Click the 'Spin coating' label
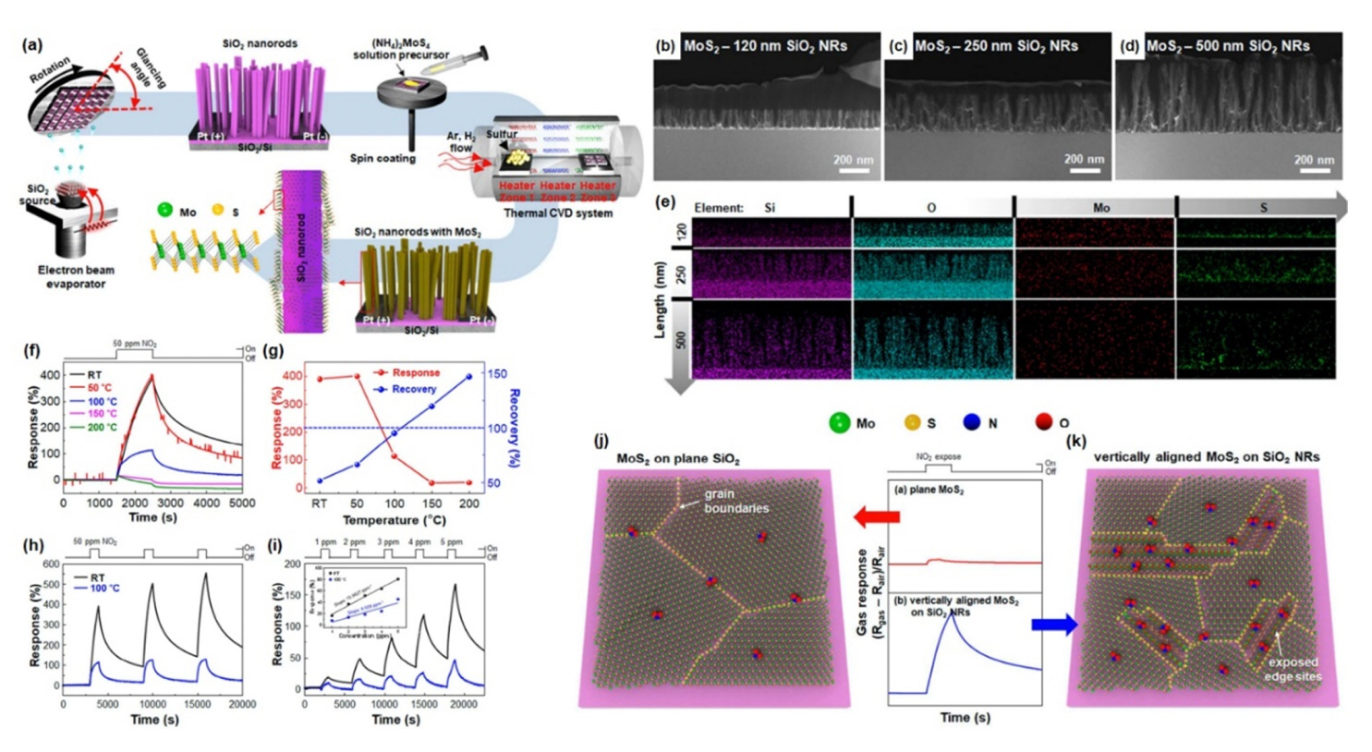click(382, 158)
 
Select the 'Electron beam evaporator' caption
click(76, 277)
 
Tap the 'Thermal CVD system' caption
click(557, 213)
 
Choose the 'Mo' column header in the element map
click(1100, 208)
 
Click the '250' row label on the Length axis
click(681, 274)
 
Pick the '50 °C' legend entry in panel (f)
click(101, 388)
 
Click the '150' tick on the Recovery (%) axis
click(497, 374)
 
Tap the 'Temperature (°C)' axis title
click(394, 520)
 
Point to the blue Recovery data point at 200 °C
click(469, 377)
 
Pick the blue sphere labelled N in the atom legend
click(970, 423)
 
